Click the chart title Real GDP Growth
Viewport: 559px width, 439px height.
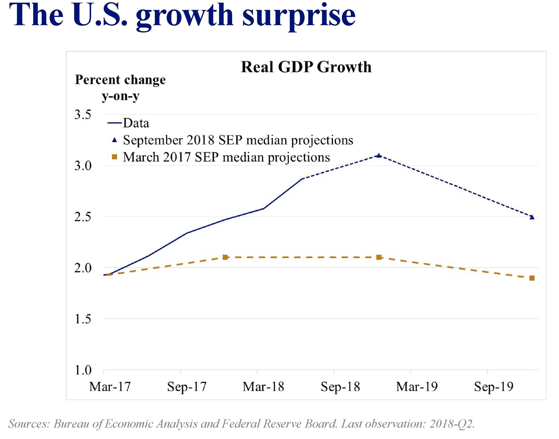(x=306, y=67)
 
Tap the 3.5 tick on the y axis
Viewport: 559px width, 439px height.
(x=83, y=115)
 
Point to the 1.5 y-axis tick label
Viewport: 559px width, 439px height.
(x=83, y=319)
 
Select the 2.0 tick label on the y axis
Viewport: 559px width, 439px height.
(x=83, y=268)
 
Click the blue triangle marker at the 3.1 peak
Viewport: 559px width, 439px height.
(x=379, y=155)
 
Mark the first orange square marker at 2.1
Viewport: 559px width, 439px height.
(x=225, y=257)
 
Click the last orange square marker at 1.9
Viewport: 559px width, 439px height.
(x=532, y=278)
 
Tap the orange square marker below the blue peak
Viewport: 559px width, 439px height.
(x=379, y=257)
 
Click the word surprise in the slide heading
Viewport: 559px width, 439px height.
(x=299, y=16)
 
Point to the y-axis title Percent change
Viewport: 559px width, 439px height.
(x=120, y=80)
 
